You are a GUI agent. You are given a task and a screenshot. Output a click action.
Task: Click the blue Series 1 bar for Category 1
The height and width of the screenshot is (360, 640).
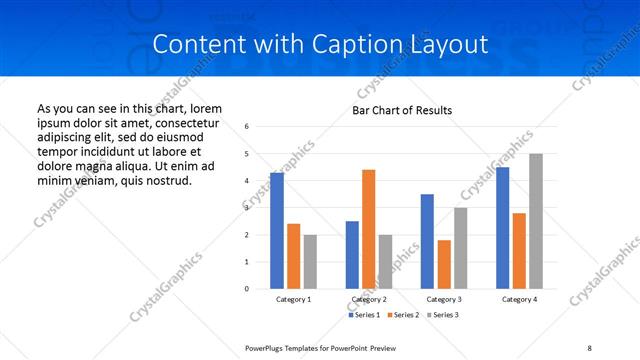tap(277, 231)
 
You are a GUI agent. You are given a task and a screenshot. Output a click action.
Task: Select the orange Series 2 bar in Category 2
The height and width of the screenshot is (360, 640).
tap(368, 229)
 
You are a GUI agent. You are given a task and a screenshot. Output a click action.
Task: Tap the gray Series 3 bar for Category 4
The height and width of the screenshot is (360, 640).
tap(536, 221)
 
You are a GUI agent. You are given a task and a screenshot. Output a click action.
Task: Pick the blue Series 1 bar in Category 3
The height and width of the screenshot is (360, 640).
tap(427, 241)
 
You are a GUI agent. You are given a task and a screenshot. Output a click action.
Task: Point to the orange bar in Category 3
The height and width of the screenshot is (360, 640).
tap(444, 264)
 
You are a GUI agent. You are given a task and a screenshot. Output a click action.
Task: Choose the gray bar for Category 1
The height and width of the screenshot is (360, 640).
tap(310, 261)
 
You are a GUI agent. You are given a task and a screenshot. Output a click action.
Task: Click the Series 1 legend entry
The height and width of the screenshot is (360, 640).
tap(364, 315)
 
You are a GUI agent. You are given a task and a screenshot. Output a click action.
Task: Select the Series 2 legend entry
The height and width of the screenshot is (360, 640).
tap(402, 315)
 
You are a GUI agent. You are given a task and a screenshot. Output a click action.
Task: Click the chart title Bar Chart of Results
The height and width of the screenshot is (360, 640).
tap(402, 110)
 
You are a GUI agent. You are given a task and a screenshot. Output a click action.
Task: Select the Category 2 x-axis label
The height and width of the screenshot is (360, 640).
tap(369, 299)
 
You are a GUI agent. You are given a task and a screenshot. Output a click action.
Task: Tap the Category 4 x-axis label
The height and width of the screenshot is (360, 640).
tap(519, 299)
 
